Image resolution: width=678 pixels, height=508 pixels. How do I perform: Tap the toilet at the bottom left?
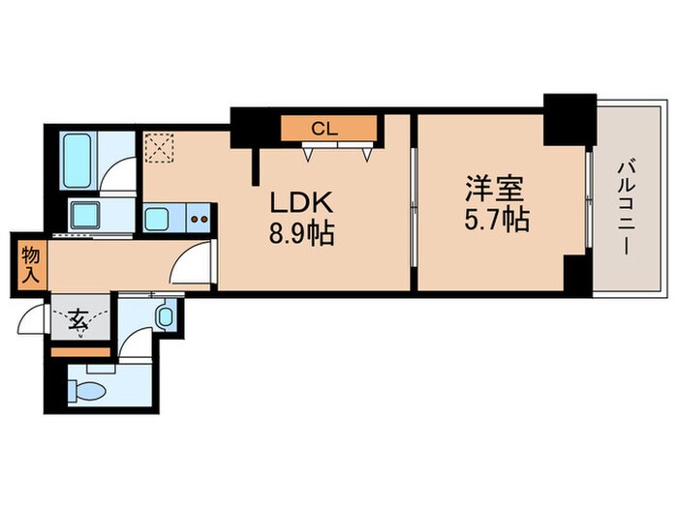(x=86, y=390)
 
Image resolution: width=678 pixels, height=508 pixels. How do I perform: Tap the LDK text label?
(x=301, y=203)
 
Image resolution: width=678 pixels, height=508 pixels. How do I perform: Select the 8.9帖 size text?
(x=301, y=234)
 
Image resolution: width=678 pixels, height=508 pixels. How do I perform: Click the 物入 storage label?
(x=29, y=264)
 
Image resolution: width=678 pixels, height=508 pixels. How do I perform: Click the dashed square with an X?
(x=157, y=148)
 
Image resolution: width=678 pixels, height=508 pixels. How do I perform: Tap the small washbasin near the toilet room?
(x=165, y=314)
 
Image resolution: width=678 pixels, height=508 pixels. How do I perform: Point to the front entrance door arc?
(x=37, y=319)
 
